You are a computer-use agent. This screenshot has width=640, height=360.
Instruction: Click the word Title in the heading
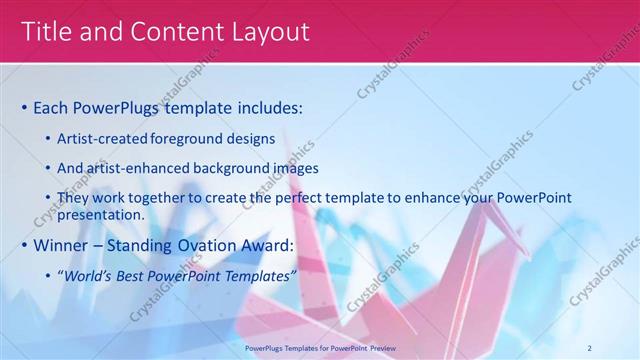(46, 32)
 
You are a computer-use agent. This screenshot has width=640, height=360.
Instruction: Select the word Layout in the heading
(270, 32)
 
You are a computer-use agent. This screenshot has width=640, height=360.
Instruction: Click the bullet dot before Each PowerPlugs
(24, 107)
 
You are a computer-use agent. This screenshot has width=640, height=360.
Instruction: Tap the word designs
(255, 139)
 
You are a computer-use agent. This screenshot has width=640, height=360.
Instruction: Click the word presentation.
(101, 214)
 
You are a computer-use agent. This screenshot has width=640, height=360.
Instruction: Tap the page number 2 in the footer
(590, 347)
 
